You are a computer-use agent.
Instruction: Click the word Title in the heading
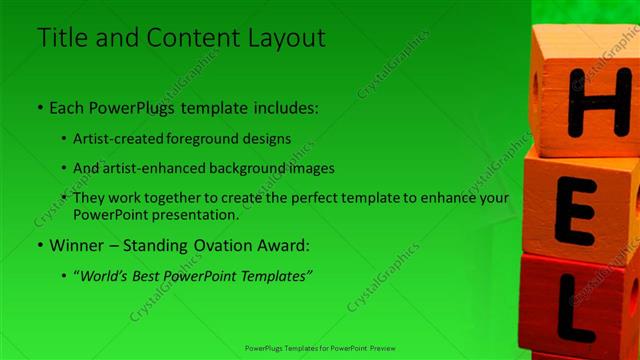[x=59, y=38]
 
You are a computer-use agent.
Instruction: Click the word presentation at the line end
[x=199, y=214]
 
